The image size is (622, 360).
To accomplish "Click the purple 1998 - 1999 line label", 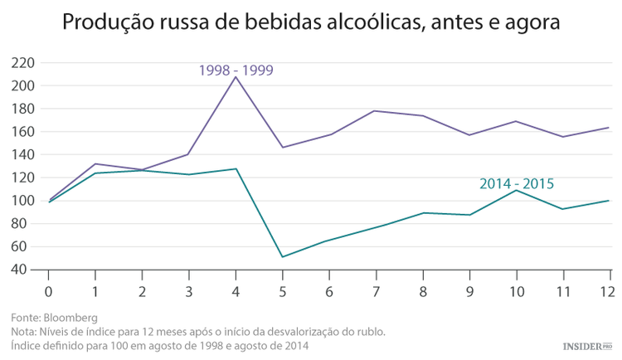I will click(x=236, y=71).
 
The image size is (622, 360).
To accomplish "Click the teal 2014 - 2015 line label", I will click(x=517, y=184).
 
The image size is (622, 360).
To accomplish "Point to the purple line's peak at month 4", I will click(x=236, y=77).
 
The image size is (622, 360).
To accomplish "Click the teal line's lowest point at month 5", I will click(x=283, y=256).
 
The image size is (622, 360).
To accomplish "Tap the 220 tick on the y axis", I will click(x=23, y=63).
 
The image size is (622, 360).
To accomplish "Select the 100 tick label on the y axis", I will click(x=23, y=201).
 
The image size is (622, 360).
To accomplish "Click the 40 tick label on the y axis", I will click(x=27, y=270).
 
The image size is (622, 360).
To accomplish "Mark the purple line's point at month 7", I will click(x=377, y=111).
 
